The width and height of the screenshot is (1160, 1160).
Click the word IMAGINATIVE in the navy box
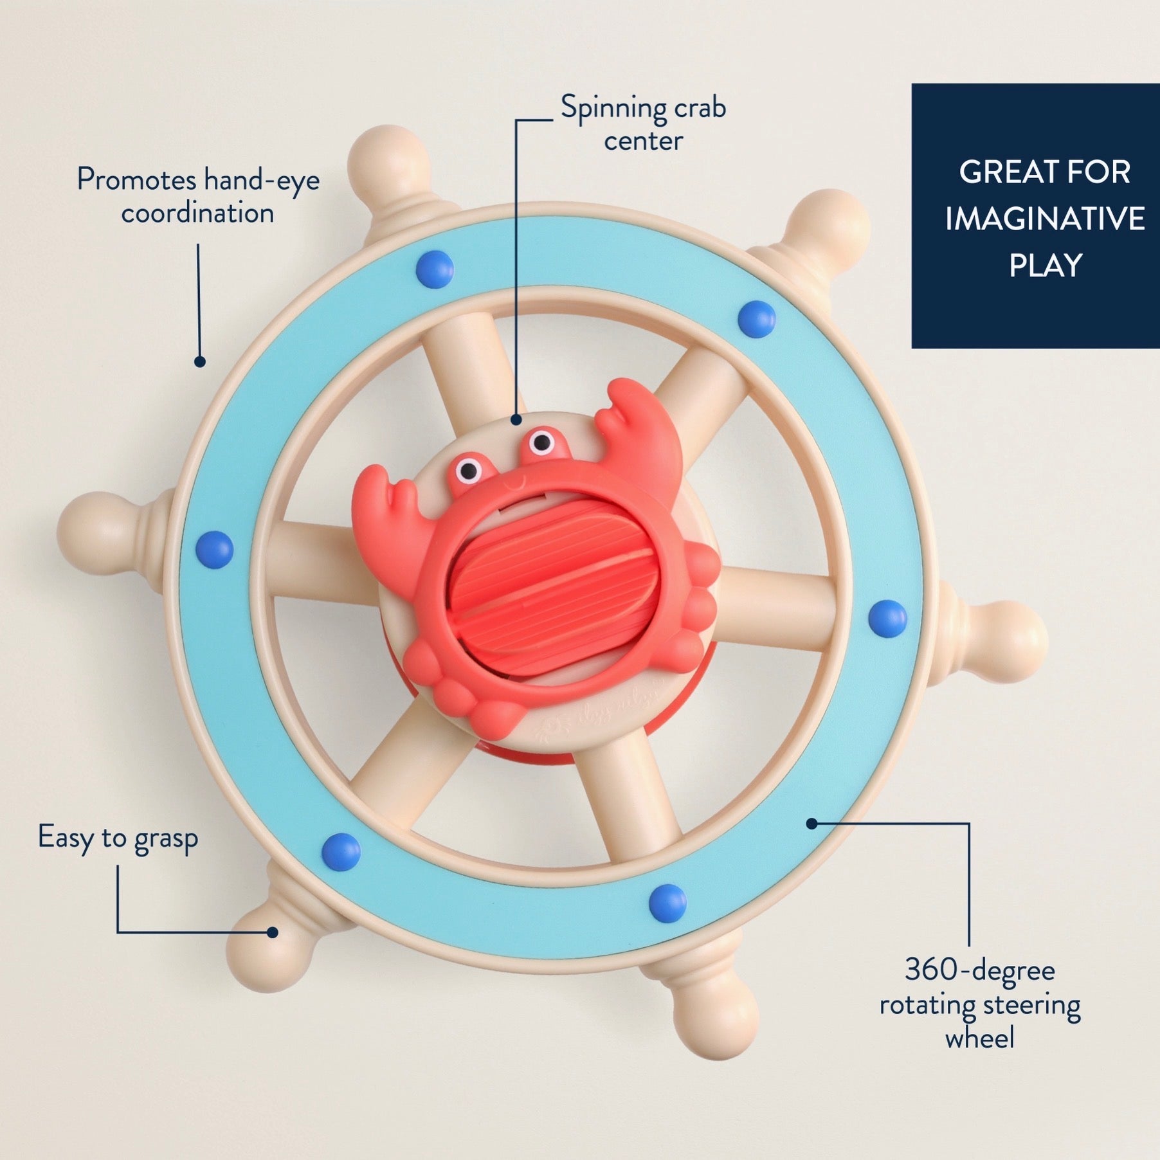coord(1045,219)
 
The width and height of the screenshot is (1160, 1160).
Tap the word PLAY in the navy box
coord(1046,266)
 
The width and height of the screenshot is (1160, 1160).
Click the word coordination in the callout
coord(197,213)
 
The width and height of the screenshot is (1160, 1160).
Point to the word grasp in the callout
coord(166,840)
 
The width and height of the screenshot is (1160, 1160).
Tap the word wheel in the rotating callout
coord(979,1038)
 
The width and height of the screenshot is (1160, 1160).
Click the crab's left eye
coord(469,470)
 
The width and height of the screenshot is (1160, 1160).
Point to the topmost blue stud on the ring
coord(435,268)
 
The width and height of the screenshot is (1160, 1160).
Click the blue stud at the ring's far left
coord(214,550)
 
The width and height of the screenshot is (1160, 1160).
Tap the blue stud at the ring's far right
coord(887,618)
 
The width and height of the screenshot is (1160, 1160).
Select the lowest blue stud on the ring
coord(668,902)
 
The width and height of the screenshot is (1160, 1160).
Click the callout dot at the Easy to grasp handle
coord(273,932)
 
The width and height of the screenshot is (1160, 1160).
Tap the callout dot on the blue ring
coord(812,823)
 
